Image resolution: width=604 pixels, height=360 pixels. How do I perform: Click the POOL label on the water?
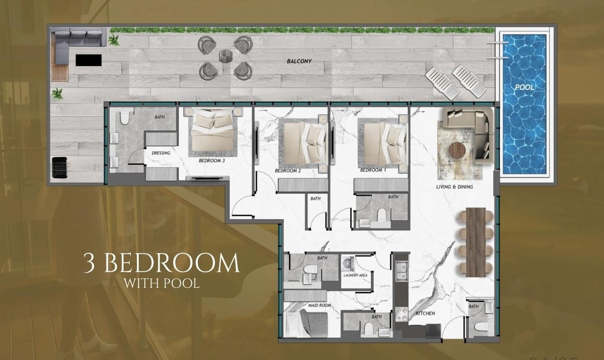pyautogui.click(x=525, y=87)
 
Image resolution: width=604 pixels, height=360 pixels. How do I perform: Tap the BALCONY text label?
pyautogui.click(x=299, y=61)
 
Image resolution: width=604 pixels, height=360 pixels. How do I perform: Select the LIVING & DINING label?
pyautogui.click(x=455, y=187)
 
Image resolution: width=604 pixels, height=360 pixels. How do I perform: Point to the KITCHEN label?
pyautogui.click(x=425, y=314)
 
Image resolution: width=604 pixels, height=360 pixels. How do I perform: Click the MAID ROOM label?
pyautogui.click(x=319, y=305)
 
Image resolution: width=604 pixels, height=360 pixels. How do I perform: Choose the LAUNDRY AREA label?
pyautogui.click(x=355, y=275)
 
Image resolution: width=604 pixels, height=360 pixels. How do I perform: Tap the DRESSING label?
pyautogui.click(x=161, y=153)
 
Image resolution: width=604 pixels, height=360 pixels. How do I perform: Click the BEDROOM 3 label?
pyautogui.click(x=212, y=160)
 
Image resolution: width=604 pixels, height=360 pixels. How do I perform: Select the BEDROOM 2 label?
pyautogui.click(x=288, y=170)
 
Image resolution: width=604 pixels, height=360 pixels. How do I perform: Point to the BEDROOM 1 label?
pyautogui.click(x=373, y=170)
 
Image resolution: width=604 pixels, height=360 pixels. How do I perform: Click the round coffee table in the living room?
pyautogui.click(x=457, y=150)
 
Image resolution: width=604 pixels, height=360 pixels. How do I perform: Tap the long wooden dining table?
pyautogui.click(x=476, y=242)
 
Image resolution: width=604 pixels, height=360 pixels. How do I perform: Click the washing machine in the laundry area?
pyautogui.click(x=348, y=263)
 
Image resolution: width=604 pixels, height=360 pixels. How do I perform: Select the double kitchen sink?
pyautogui.click(x=401, y=271)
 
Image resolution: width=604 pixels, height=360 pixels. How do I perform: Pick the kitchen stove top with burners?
pyautogui.click(x=402, y=314)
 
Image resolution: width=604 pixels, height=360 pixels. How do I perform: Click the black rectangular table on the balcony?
pyautogui.click(x=88, y=60)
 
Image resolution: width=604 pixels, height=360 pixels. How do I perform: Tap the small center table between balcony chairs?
pyautogui.click(x=225, y=56)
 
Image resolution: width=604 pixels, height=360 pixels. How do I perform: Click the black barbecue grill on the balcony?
pyautogui.click(x=59, y=168)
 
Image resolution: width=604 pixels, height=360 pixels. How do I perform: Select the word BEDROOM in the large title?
pyautogui.click(x=172, y=264)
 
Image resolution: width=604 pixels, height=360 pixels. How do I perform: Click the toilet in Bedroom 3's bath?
pyautogui.click(x=124, y=117)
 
